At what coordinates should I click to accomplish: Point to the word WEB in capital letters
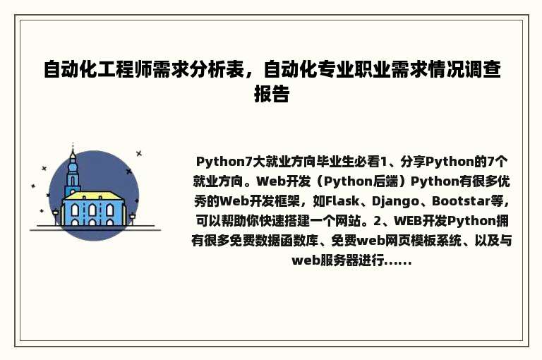[x=409, y=220]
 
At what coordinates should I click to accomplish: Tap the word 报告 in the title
[x=271, y=94]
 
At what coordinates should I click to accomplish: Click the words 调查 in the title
[x=483, y=69]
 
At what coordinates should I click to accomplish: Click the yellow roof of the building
[x=93, y=195]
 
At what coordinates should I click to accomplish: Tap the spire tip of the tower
[x=72, y=148]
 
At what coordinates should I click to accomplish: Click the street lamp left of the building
[x=56, y=215]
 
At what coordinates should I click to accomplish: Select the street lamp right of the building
[x=132, y=216]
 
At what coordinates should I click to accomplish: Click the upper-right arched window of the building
[x=109, y=210]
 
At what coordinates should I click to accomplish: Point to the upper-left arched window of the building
[x=75, y=210]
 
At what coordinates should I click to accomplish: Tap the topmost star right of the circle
[x=139, y=153]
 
